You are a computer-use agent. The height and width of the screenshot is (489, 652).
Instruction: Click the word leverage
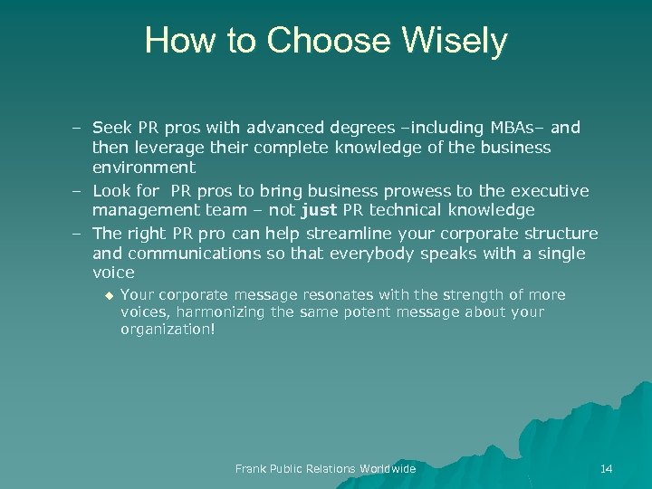point(170,148)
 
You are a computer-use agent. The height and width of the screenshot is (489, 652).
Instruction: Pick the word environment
point(143,168)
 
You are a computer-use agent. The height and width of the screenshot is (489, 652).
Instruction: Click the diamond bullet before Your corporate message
point(108,294)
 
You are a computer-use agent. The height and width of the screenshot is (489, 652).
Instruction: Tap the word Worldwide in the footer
point(388,468)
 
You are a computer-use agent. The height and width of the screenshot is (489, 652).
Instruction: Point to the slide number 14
point(606,468)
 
